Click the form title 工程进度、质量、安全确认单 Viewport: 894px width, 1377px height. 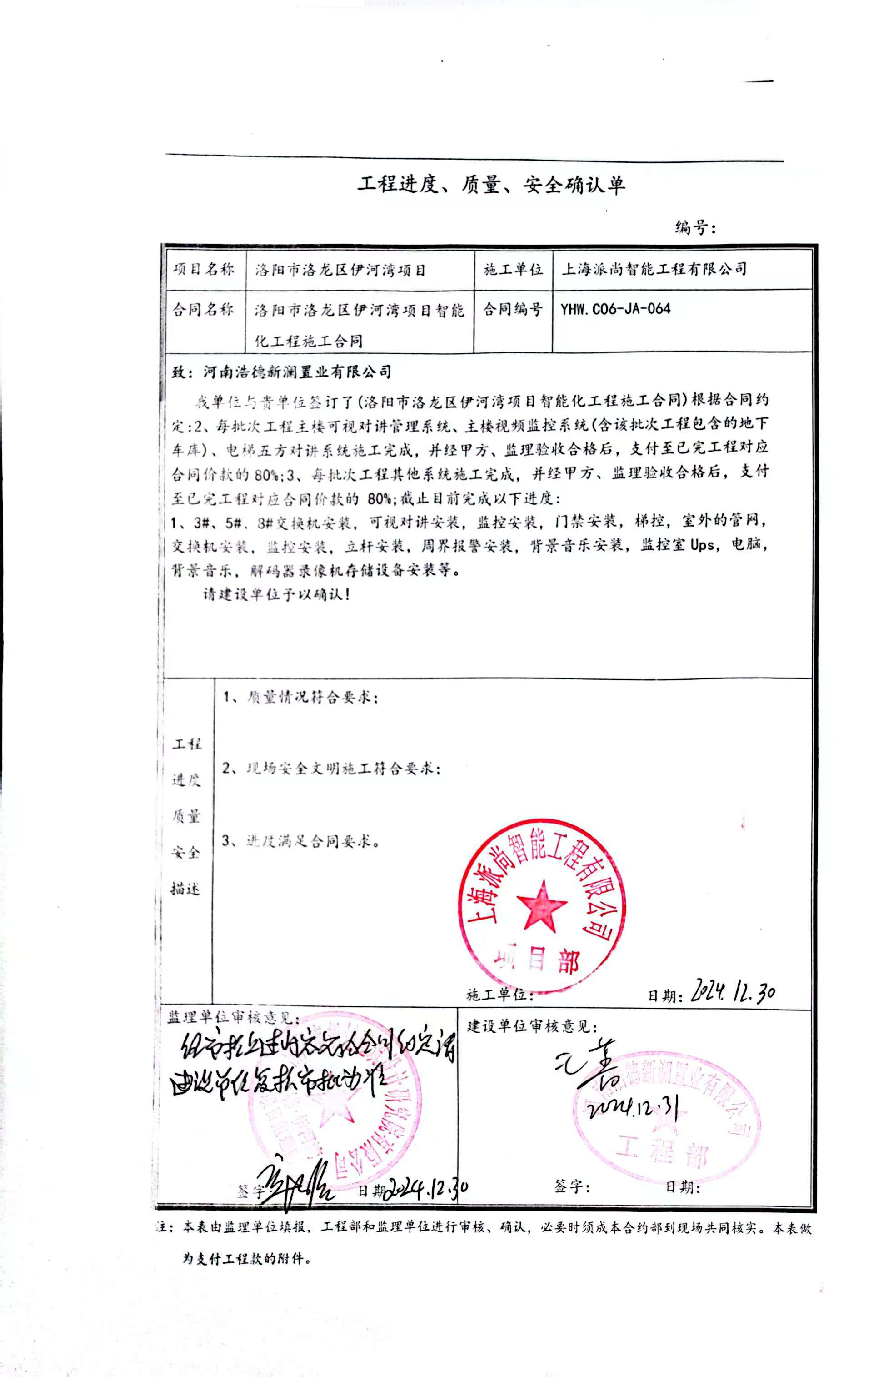(491, 185)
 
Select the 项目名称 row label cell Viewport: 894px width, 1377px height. (203, 270)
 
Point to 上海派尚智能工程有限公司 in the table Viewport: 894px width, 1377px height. (654, 269)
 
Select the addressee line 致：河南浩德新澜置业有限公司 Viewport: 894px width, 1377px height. (282, 372)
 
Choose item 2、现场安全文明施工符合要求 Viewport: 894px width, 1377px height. (332, 769)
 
